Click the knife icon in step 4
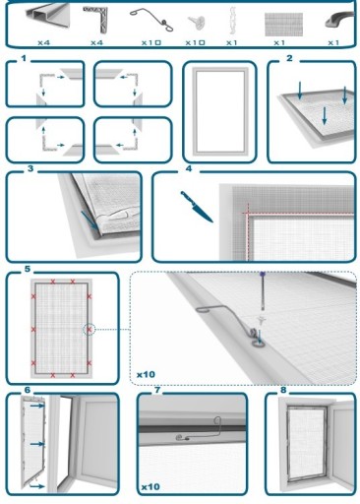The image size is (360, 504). click(197, 207)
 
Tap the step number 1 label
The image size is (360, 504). click(24, 58)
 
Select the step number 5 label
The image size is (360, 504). click(28, 269)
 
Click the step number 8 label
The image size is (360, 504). click(283, 390)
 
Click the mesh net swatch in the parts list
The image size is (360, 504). click(283, 25)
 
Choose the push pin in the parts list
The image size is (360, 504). click(197, 23)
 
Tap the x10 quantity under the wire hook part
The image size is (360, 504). click(151, 42)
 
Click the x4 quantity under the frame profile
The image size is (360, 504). click(43, 42)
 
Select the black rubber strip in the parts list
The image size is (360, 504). click(339, 20)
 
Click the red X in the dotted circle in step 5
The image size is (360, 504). click(89, 329)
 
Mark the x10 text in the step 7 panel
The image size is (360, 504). click(150, 486)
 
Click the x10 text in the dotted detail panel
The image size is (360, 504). click(146, 374)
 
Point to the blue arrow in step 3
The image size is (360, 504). click(90, 220)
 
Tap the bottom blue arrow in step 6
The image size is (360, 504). click(36, 485)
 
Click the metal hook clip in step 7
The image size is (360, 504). click(199, 430)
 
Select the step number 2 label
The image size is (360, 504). click(289, 58)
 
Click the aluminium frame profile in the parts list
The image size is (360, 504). click(48, 17)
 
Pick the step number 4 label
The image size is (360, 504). click(189, 168)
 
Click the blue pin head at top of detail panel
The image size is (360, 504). click(263, 273)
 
